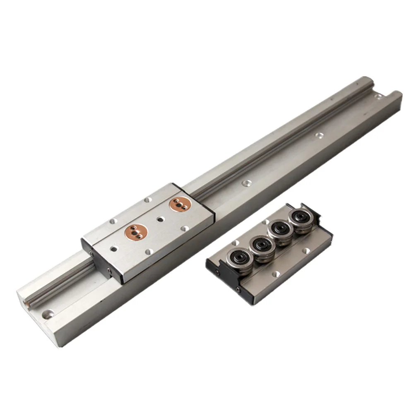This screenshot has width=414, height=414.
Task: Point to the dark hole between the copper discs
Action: [160, 218]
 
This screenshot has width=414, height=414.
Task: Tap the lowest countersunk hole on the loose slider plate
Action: [274, 274]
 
